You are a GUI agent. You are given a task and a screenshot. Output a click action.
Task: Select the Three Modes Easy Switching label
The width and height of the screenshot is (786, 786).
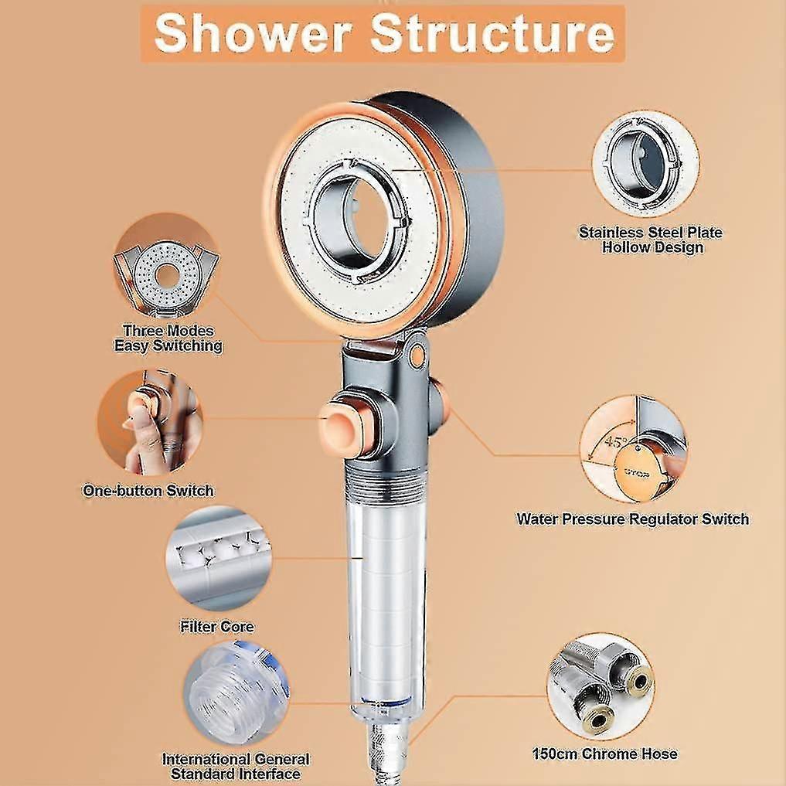(x=168, y=339)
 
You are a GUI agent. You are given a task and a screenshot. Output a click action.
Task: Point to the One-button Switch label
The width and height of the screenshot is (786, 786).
(x=148, y=490)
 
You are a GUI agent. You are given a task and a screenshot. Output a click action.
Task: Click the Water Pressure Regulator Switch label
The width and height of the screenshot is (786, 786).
(x=632, y=519)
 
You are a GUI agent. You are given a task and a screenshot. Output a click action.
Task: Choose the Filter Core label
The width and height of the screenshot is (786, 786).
(x=216, y=626)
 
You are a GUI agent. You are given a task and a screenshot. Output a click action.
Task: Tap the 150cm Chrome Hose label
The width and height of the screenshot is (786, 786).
(x=605, y=754)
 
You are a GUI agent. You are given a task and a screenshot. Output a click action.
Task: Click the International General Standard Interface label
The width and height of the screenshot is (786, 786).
(x=235, y=766)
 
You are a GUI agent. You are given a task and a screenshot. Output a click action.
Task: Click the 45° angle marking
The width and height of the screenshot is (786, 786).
(x=614, y=443)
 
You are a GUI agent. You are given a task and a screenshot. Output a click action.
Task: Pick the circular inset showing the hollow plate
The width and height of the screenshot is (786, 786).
(x=645, y=164)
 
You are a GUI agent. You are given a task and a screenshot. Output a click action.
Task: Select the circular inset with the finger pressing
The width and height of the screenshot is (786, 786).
(x=151, y=421)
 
